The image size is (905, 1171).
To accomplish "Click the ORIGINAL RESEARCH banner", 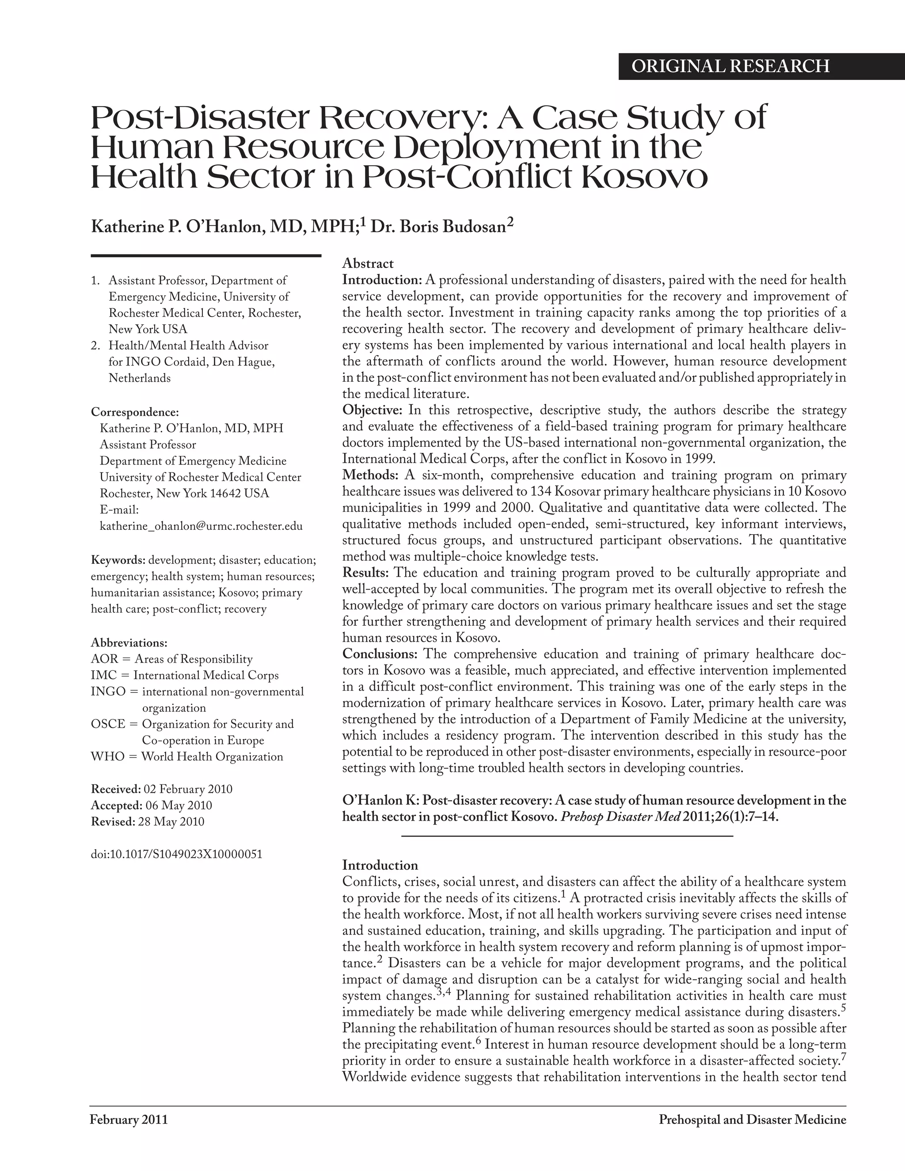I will (730, 66).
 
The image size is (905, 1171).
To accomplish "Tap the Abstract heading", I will (368, 263).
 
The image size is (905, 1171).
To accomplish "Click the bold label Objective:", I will (372, 410).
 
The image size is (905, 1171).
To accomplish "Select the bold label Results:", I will (365, 573).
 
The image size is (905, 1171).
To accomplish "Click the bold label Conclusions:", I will (380, 654).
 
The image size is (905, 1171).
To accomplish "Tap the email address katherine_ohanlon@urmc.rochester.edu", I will (201, 526).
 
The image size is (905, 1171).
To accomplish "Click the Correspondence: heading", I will (135, 412).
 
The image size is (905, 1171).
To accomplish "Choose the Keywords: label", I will (118, 560).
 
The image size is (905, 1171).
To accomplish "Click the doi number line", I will (176, 854).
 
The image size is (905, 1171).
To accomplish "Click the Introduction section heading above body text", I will (380, 865).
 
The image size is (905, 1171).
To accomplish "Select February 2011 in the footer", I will (129, 1120).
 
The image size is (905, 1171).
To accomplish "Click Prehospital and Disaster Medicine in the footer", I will (752, 1120).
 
